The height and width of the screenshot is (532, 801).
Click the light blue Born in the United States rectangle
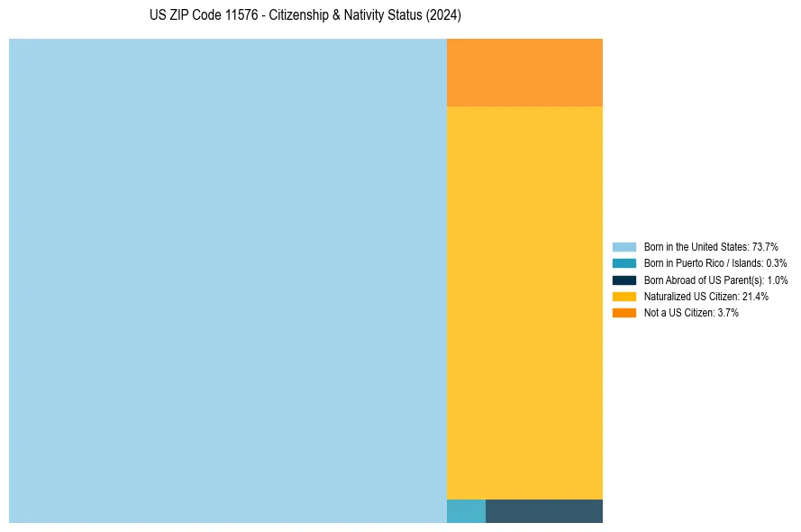click(227, 280)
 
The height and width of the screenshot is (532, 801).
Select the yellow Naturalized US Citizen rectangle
click(524, 302)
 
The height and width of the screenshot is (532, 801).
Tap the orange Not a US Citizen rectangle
click(524, 72)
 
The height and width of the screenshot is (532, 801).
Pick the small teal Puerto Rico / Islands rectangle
click(466, 511)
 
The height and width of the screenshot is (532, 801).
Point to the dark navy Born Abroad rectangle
click(544, 511)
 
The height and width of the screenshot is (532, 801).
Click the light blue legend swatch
click(624, 246)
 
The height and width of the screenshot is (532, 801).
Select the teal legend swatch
click(624, 263)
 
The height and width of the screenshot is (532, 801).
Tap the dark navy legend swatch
click(624, 280)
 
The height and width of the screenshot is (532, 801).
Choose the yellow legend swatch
click(624, 296)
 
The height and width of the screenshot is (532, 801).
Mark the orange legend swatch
click(624, 313)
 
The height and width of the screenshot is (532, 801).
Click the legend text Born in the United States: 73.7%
click(711, 246)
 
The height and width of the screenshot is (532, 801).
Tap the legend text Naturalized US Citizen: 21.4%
click(705, 296)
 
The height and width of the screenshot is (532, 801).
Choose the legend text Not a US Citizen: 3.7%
click(691, 313)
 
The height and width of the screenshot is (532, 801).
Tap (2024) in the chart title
click(443, 15)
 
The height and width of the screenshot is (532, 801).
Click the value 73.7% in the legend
click(765, 246)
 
